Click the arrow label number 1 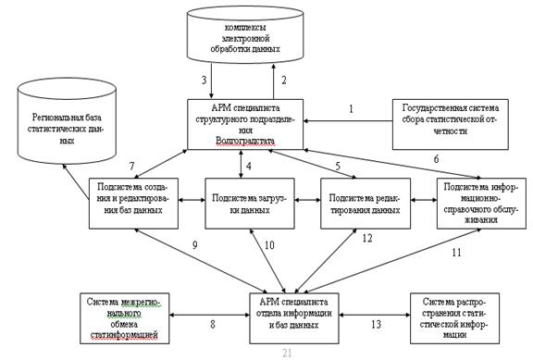coord(351,109)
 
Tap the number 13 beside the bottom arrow coord(376,324)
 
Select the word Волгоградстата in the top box coord(245,141)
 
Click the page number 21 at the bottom coord(287,354)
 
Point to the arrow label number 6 coord(436,159)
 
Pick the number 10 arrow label coord(269,245)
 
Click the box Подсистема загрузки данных coord(250,204)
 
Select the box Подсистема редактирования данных coord(366,204)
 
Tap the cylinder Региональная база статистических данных coord(67,121)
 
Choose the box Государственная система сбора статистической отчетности coord(451,124)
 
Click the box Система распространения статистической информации coord(455,318)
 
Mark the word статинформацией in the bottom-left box coord(124,335)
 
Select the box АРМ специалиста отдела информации coord(294,318)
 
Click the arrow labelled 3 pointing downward coord(211,81)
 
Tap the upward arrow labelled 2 coord(273,81)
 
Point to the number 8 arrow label coord(213,324)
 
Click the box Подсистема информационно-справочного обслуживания coord(481,204)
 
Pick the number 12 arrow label coord(367,238)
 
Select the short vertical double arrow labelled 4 coord(241,164)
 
